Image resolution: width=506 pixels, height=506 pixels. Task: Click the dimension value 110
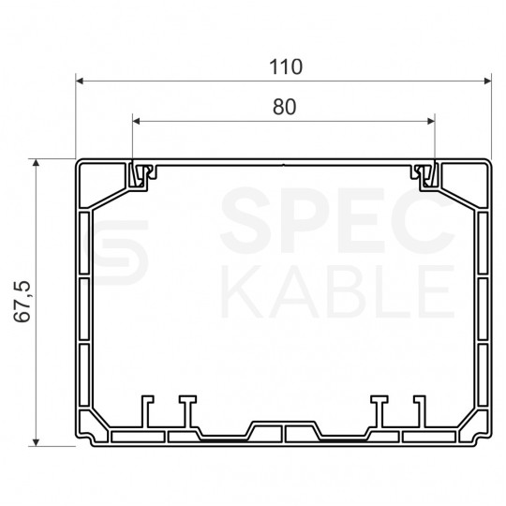(x=283, y=67)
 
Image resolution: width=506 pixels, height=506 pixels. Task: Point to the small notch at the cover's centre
(x=283, y=167)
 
